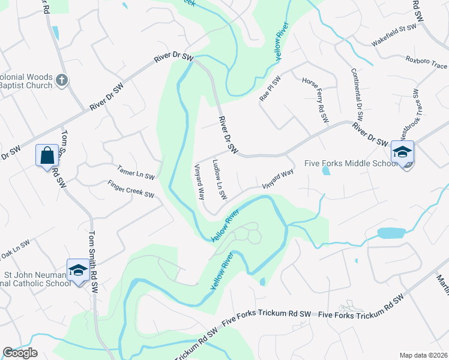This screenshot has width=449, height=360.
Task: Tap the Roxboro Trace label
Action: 426,62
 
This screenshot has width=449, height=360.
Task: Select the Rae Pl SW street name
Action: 270,89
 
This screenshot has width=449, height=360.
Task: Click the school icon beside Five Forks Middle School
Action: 402,152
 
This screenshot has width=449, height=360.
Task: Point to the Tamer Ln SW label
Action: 136,173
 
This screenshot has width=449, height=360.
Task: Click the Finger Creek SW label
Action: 131,190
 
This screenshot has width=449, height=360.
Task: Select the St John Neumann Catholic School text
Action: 36,278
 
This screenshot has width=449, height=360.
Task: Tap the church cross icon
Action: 62,80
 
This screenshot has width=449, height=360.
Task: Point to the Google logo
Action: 20,353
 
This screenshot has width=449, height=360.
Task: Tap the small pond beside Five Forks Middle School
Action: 325,170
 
